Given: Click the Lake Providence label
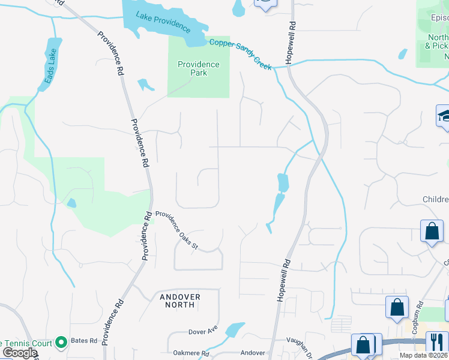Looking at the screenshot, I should tap(163, 23).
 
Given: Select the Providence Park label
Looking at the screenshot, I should tap(198, 68).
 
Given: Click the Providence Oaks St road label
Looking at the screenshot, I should tap(176, 231).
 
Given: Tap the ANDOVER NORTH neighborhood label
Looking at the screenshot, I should tap(179, 301).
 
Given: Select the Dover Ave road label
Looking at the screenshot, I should tap(202, 331).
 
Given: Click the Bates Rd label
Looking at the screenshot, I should tap(84, 341).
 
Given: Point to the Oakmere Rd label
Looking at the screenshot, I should tap(191, 353).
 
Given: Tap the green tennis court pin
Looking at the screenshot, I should tap(60, 343).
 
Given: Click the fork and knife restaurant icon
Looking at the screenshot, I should tap(437, 343).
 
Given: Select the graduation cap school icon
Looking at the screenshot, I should tap(444, 115).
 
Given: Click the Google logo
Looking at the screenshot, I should tap(19, 353).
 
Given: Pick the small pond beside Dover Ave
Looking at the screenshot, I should tap(234, 330).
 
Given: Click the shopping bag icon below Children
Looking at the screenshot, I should tap(432, 232).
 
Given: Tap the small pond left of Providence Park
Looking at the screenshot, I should tap(145, 85).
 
